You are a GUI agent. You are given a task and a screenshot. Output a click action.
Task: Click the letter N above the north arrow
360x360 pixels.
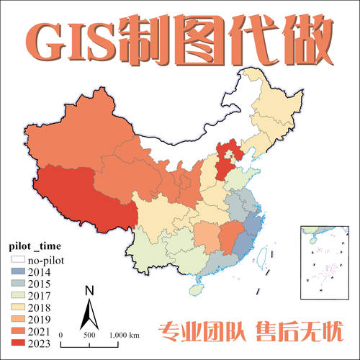coord(89,292)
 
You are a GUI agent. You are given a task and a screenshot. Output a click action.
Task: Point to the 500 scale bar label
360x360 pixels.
coord(89,336)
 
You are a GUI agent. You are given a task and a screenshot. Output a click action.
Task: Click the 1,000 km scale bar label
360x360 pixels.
coord(125,336)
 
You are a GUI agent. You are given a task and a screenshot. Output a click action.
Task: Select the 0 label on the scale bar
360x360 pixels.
coord(61,336)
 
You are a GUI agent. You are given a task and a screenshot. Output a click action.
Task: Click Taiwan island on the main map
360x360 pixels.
coord(263,256)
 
